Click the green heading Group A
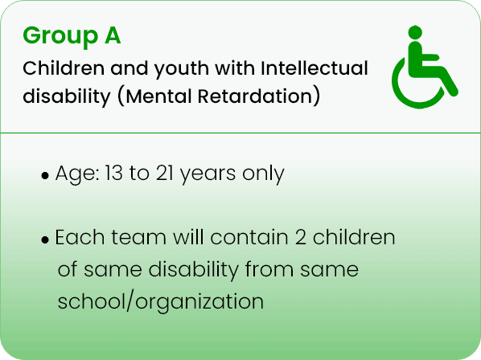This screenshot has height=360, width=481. pyautogui.click(x=72, y=36)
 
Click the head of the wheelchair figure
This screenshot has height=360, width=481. pyautogui.click(x=415, y=32)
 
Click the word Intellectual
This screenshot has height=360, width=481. pyautogui.click(x=314, y=67)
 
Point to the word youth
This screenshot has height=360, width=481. pyautogui.click(x=182, y=70)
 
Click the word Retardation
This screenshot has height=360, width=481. pyautogui.click(x=255, y=96)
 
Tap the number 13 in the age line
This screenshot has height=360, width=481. pyautogui.click(x=113, y=173)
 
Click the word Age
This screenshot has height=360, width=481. pyautogui.click(x=76, y=174)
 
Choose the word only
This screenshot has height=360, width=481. pyautogui.click(x=263, y=174)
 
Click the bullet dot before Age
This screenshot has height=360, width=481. pyautogui.click(x=45, y=175)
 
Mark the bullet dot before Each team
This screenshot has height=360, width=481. pyautogui.click(x=45, y=240)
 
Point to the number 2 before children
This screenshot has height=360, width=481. pyautogui.click(x=300, y=237)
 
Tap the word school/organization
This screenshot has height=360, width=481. pyautogui.click(x=160, y=302)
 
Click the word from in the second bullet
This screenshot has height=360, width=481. pyautogui.click(x=269, y=269)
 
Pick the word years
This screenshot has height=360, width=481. pyautogui.click(x=208, y=174)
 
